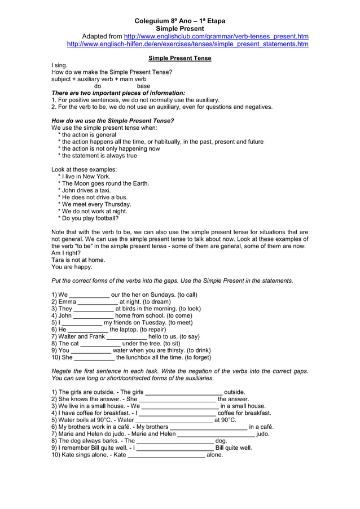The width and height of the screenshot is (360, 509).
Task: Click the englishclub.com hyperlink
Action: point(216,36)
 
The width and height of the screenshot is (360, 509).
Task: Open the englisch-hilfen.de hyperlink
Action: point(187,44)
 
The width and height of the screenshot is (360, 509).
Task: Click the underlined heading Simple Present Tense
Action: point(179,58)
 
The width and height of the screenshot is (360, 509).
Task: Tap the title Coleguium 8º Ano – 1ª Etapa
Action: point(179,20)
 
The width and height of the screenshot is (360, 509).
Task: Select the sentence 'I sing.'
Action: point(59,65)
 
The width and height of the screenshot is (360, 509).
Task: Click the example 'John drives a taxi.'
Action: point(85,191)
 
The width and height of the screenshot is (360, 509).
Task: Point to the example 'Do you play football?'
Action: point(89,218)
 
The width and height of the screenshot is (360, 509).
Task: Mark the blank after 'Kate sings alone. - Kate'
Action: point(166,455)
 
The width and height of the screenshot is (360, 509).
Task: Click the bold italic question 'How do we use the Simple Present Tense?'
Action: point(113,121)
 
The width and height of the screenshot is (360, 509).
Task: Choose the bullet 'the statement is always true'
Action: point(99,156)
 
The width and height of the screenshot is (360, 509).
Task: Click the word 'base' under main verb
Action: point(144,86)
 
